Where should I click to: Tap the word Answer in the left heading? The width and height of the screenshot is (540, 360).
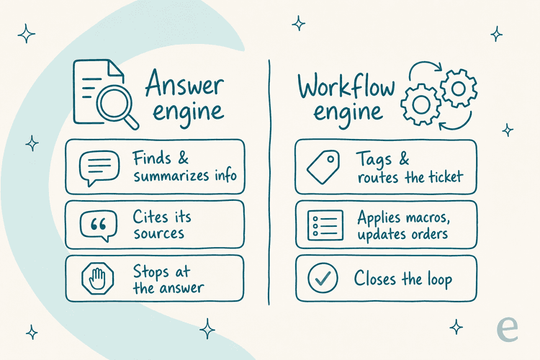184,83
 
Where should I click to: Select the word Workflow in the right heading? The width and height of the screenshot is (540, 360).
346,86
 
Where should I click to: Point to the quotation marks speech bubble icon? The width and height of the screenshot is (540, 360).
99,225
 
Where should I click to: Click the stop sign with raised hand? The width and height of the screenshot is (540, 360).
98,279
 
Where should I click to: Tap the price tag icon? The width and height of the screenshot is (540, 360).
323,167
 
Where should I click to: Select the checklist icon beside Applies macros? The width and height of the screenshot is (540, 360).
325,225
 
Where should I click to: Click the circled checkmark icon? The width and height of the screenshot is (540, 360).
323,278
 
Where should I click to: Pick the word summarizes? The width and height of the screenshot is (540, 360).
171,176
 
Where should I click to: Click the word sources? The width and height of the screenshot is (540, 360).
159,233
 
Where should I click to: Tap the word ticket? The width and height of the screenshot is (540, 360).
446,176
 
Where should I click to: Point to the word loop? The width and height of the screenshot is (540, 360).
440,279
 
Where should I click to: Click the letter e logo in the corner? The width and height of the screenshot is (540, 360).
508,330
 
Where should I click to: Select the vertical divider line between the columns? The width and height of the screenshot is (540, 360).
269,182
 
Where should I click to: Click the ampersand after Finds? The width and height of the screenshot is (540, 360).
183,158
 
